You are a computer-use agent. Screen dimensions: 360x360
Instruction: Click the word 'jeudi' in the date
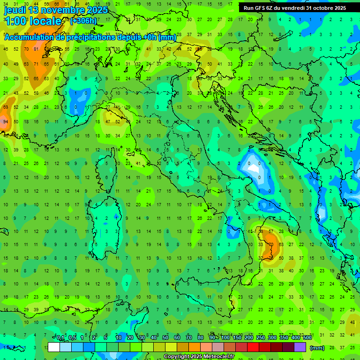click(x=15, y=10)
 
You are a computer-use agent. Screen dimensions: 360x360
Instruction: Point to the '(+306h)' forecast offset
click(x=83, y=21)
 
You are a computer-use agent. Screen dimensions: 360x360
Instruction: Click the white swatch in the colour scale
click(x=54, y=347)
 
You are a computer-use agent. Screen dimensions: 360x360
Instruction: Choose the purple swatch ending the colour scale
click(x=300, y=347)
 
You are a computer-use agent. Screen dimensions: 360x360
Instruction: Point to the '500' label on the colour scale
click(x=307, y=338)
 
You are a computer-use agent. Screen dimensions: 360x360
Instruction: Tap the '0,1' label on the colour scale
click(x=60, y=338)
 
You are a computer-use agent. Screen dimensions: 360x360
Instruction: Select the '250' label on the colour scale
click(x=261, y=338)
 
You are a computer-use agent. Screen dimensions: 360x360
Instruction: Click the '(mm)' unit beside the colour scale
click(x=317, y=348)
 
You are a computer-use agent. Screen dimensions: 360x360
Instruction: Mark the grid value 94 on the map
click(x=6, y=121)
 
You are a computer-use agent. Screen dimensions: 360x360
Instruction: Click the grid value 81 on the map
click(x=36, y=49)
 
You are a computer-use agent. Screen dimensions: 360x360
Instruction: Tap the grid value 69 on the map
click(x=6, y=107)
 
